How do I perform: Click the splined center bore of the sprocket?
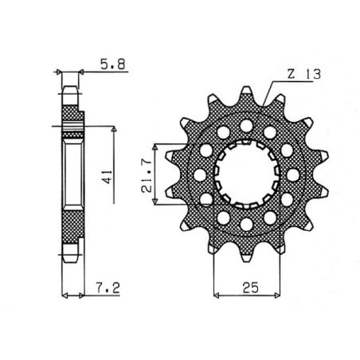pyautogui.click(x=245, y=172)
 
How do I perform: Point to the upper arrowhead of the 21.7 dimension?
pyautogui.click(x=165, y=147)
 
